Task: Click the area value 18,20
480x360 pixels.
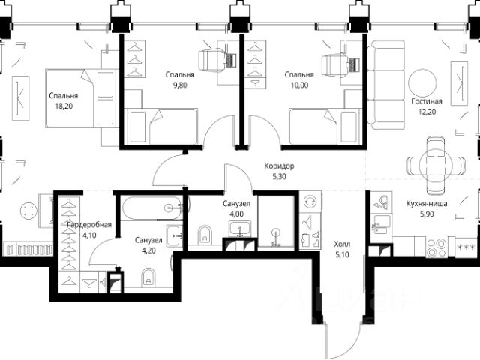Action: click(x=64, y=106)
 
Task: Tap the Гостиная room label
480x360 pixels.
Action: click(x=427, y=101)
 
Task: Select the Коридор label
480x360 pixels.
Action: click(x=279, y=166)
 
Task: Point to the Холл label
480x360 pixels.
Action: click(x=342, y=244)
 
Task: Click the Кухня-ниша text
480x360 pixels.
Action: click(x=427, y=203)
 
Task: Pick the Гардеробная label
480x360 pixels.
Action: click(x=89, y=225)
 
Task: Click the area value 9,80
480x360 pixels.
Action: click(x=180, y=85)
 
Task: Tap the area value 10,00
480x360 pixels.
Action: click(x=299, y=85)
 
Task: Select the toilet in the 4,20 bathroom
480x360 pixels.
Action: click(x=148, y=277)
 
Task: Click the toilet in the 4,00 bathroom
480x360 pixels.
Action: click(x=205, y=235)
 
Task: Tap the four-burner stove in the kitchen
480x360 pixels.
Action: click(x=437, y=247)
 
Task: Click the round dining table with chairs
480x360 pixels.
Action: click(x=436, y=166)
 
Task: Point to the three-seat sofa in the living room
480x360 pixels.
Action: click(x=386, y=85)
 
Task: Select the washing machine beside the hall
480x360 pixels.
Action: click(x=310, y=202)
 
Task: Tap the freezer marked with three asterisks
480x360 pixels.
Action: click(x=466, y=247)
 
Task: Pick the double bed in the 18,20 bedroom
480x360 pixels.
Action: click(x=82, y=98)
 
